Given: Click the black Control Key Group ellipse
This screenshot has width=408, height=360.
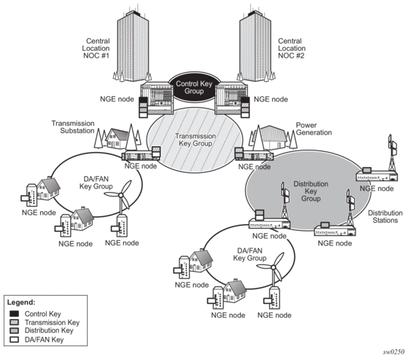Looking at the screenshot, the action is (194, 88).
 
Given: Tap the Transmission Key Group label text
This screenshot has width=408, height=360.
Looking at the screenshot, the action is (195, 139).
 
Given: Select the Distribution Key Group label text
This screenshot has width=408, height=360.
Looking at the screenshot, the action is (311, 191).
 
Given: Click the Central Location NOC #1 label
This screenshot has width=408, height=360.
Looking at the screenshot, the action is (96, 48).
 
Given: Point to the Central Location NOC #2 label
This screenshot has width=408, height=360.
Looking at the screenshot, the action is (292, 48).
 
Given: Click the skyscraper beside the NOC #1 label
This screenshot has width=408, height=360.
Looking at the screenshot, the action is (133, 45).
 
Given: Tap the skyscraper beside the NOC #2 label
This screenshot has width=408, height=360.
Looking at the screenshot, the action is (255, 45).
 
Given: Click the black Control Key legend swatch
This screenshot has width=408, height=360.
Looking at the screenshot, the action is (14, 314).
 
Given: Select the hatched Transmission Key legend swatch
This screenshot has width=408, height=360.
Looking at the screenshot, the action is (14, 322).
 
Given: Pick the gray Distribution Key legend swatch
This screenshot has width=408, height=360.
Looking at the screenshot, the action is (14, 331).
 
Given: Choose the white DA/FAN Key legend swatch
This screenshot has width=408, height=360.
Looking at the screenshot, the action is (14, 340).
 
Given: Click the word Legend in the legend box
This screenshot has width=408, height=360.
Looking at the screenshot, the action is (21, 302).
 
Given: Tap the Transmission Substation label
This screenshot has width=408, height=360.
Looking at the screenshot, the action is (73, 127).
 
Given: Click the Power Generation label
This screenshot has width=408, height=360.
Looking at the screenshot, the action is (314, 129).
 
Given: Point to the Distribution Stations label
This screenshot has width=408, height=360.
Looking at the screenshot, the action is (385, 217).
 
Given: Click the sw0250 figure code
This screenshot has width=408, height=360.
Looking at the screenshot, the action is (393, 352).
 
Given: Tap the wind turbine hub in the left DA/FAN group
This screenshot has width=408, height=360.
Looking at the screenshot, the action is (120, 195).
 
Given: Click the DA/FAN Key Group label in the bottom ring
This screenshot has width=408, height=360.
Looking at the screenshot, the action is (250, 254).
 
